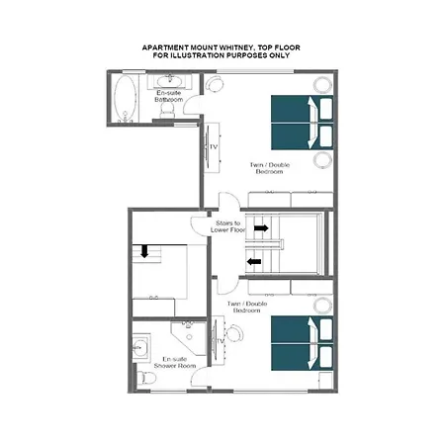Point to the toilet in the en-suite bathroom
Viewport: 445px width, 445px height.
(x=167, y=113)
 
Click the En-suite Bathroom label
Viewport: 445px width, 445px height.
(x=166, y=96)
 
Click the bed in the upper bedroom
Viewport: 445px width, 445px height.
(x=303, y=121)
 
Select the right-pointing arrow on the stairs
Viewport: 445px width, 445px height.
(x=260, y=228)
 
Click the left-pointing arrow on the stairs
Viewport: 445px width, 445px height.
(x=254, y=262)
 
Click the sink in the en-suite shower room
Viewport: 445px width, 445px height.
(x=140, y=347)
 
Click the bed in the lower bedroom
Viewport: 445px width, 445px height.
(x=303, y=340)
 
